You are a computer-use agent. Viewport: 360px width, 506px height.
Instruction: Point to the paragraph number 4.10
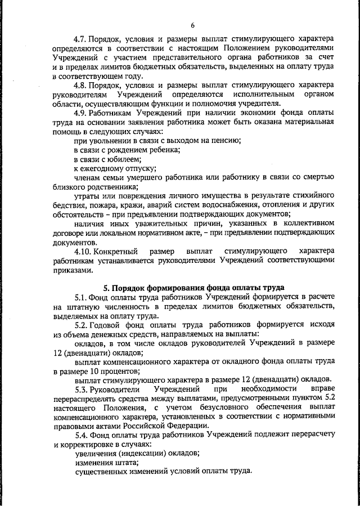click(x=84, y=249)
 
